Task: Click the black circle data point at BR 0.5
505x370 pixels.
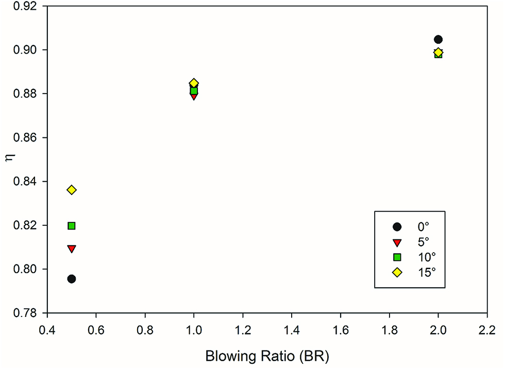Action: (x=72, y=279)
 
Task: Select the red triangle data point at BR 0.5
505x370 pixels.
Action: (x=72, y=249)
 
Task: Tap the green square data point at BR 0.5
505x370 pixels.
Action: (x=72, y=225)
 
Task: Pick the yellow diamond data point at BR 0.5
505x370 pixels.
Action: (x=72, y=190)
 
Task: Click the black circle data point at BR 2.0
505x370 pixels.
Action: (x=438, y=40)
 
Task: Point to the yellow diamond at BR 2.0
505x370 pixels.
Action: (x=438, y=52)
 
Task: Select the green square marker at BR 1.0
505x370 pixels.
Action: (x=194, y=91)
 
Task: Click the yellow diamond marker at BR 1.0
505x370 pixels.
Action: (x=194, y=83)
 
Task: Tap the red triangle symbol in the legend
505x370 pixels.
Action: (x=397, y=242)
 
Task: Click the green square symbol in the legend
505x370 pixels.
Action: (x=397, y=257)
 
